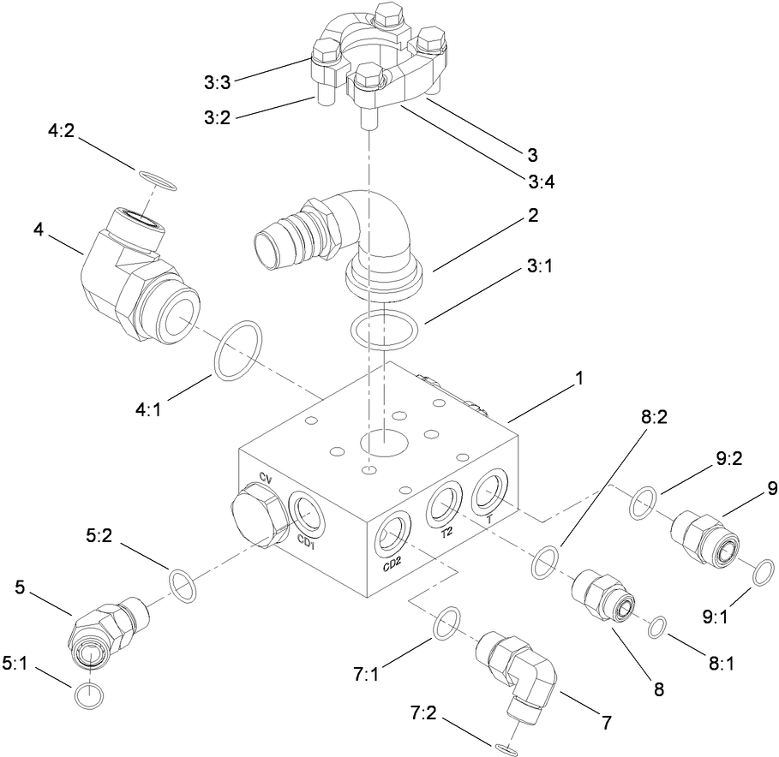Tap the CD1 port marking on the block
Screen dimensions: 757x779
pos(306,540)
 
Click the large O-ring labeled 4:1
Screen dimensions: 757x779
pos(238,351)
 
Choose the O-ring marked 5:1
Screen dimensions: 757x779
pos(88,695)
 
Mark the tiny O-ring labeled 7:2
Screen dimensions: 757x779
pos(505,749)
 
